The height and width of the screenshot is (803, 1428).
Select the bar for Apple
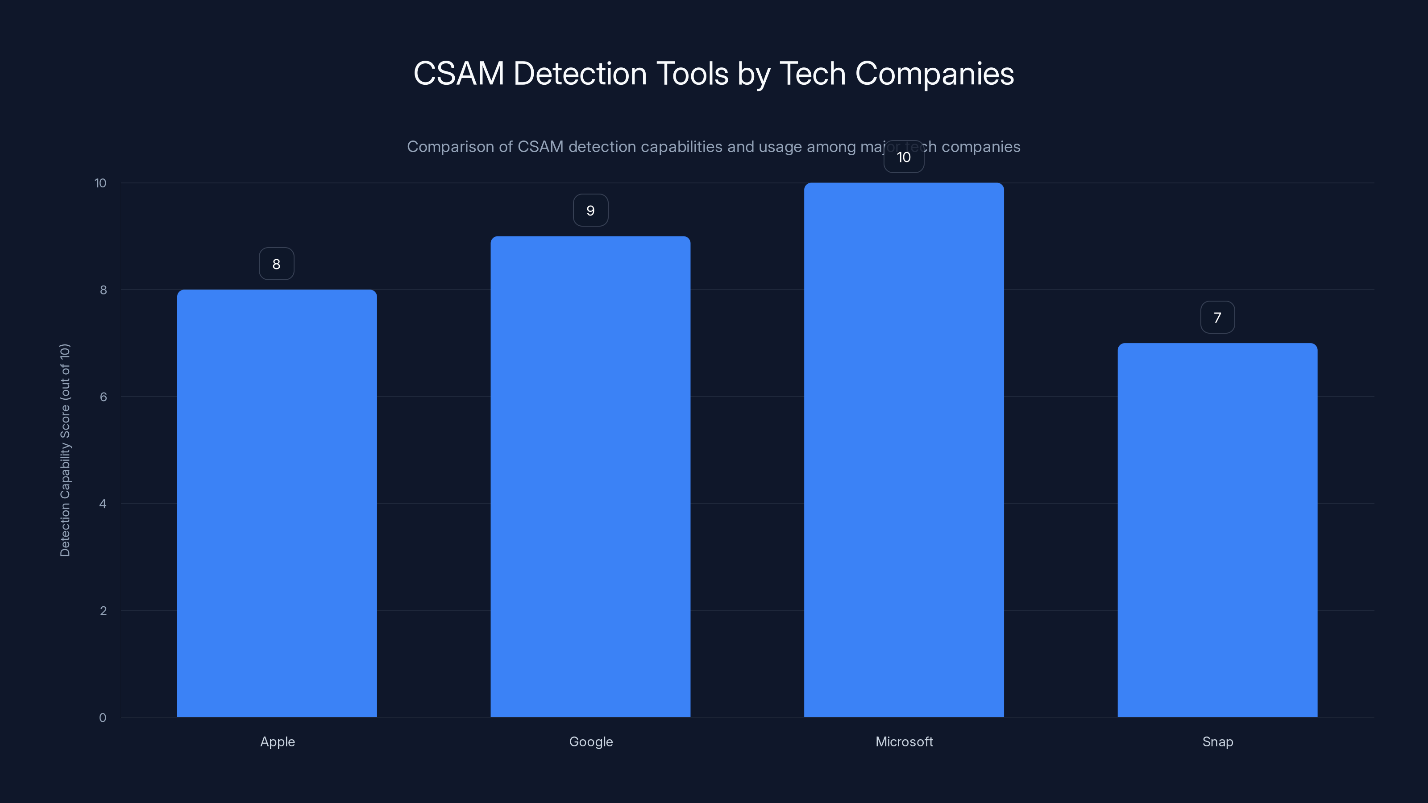pos(277,503)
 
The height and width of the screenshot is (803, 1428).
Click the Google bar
pos(590,476)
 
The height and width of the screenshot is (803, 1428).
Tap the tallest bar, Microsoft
pos(904,450)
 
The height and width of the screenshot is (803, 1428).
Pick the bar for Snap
pos(1217,530)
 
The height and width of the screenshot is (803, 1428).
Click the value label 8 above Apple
pos(277,264)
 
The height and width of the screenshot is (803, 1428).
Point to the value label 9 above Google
pos(590,211)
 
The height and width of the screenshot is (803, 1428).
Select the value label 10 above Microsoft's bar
pos(904,157)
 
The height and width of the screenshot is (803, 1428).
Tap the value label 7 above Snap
pos(1217,318)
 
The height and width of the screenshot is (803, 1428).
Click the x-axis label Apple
pos(277,741)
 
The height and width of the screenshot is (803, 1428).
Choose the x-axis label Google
pos(591,741)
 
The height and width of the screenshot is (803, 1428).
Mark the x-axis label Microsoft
pos(904,741)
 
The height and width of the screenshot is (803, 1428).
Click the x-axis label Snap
pos(1217,741)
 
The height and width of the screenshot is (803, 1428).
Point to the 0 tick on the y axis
pos(103,718)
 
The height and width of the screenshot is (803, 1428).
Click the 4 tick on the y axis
pos(103,504)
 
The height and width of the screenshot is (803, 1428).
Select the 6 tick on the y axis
pos(103,397)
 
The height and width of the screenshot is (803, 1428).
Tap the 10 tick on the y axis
pos(100,183)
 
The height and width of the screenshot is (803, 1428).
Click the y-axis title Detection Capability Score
pos(65,450)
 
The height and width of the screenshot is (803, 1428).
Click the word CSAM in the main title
pos(458,74)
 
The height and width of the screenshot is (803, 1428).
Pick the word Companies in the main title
pos(934,74)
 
